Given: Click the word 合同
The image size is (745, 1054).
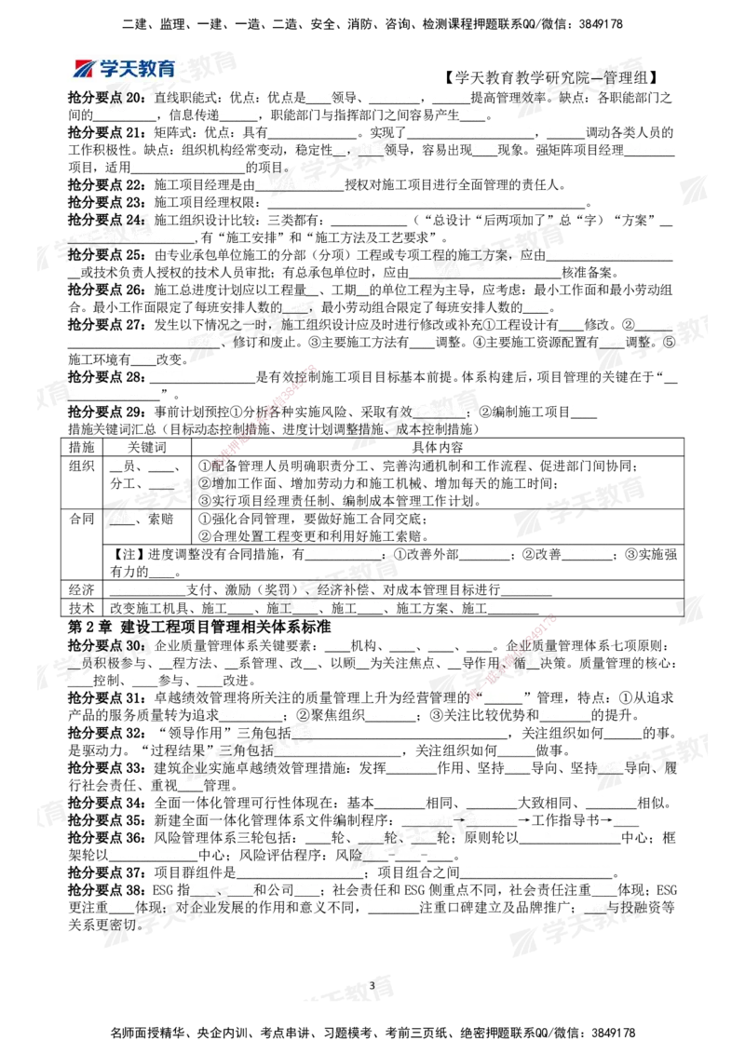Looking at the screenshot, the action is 123,518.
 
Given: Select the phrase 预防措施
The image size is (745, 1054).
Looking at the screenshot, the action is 439,411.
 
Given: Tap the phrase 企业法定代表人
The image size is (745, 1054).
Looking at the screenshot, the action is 300,184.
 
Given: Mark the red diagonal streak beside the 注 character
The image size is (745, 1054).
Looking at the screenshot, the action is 513,655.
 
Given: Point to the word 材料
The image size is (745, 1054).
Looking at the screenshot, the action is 238,607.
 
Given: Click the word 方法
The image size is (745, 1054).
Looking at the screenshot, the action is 305,607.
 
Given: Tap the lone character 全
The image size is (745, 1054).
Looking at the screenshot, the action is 75,662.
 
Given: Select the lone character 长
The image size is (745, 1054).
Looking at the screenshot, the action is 363,290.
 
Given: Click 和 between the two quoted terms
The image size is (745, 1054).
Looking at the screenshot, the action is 111,237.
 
